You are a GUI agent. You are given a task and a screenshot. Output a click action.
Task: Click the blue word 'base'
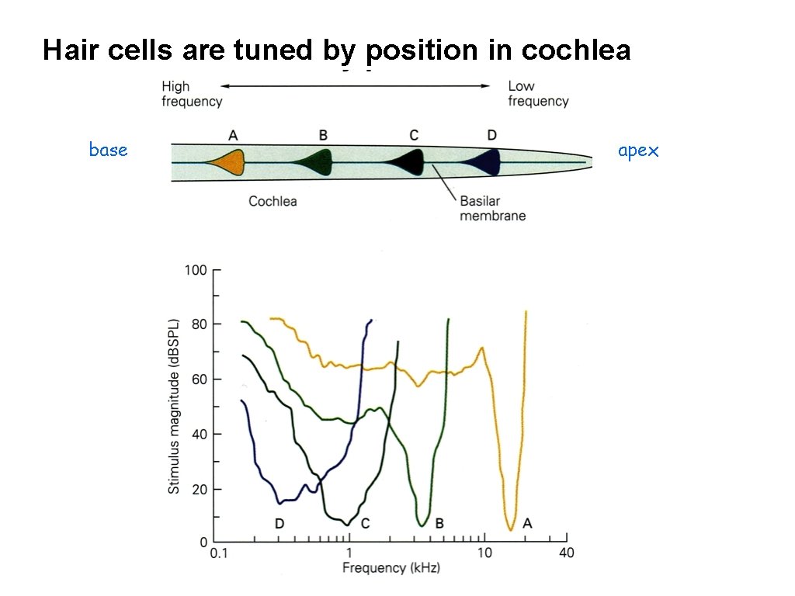pos(108,150)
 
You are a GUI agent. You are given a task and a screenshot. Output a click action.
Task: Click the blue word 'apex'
pos(638,151)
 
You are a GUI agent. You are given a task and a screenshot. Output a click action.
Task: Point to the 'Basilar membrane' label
pos(492,208)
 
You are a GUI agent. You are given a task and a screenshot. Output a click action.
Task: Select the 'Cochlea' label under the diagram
pos(273,201)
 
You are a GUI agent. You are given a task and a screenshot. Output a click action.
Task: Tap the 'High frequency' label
pos(192,94)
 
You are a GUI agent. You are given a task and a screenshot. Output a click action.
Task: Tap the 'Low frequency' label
pos(538,94)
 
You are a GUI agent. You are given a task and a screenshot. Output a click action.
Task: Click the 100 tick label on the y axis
pos(195,270)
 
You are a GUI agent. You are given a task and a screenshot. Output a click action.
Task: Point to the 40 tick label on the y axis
pos(198,435)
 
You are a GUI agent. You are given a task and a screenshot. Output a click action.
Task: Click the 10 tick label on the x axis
pos(484,553)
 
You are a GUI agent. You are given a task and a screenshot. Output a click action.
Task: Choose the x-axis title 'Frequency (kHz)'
pos(391,568)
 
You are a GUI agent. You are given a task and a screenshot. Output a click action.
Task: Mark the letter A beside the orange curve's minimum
pos(527,524)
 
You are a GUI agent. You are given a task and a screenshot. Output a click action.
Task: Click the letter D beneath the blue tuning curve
pos(279,524)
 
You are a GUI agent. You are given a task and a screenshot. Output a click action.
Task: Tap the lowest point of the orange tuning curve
pos(510,530)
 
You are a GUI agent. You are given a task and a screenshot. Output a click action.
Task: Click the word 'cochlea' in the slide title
pos(576,50)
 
